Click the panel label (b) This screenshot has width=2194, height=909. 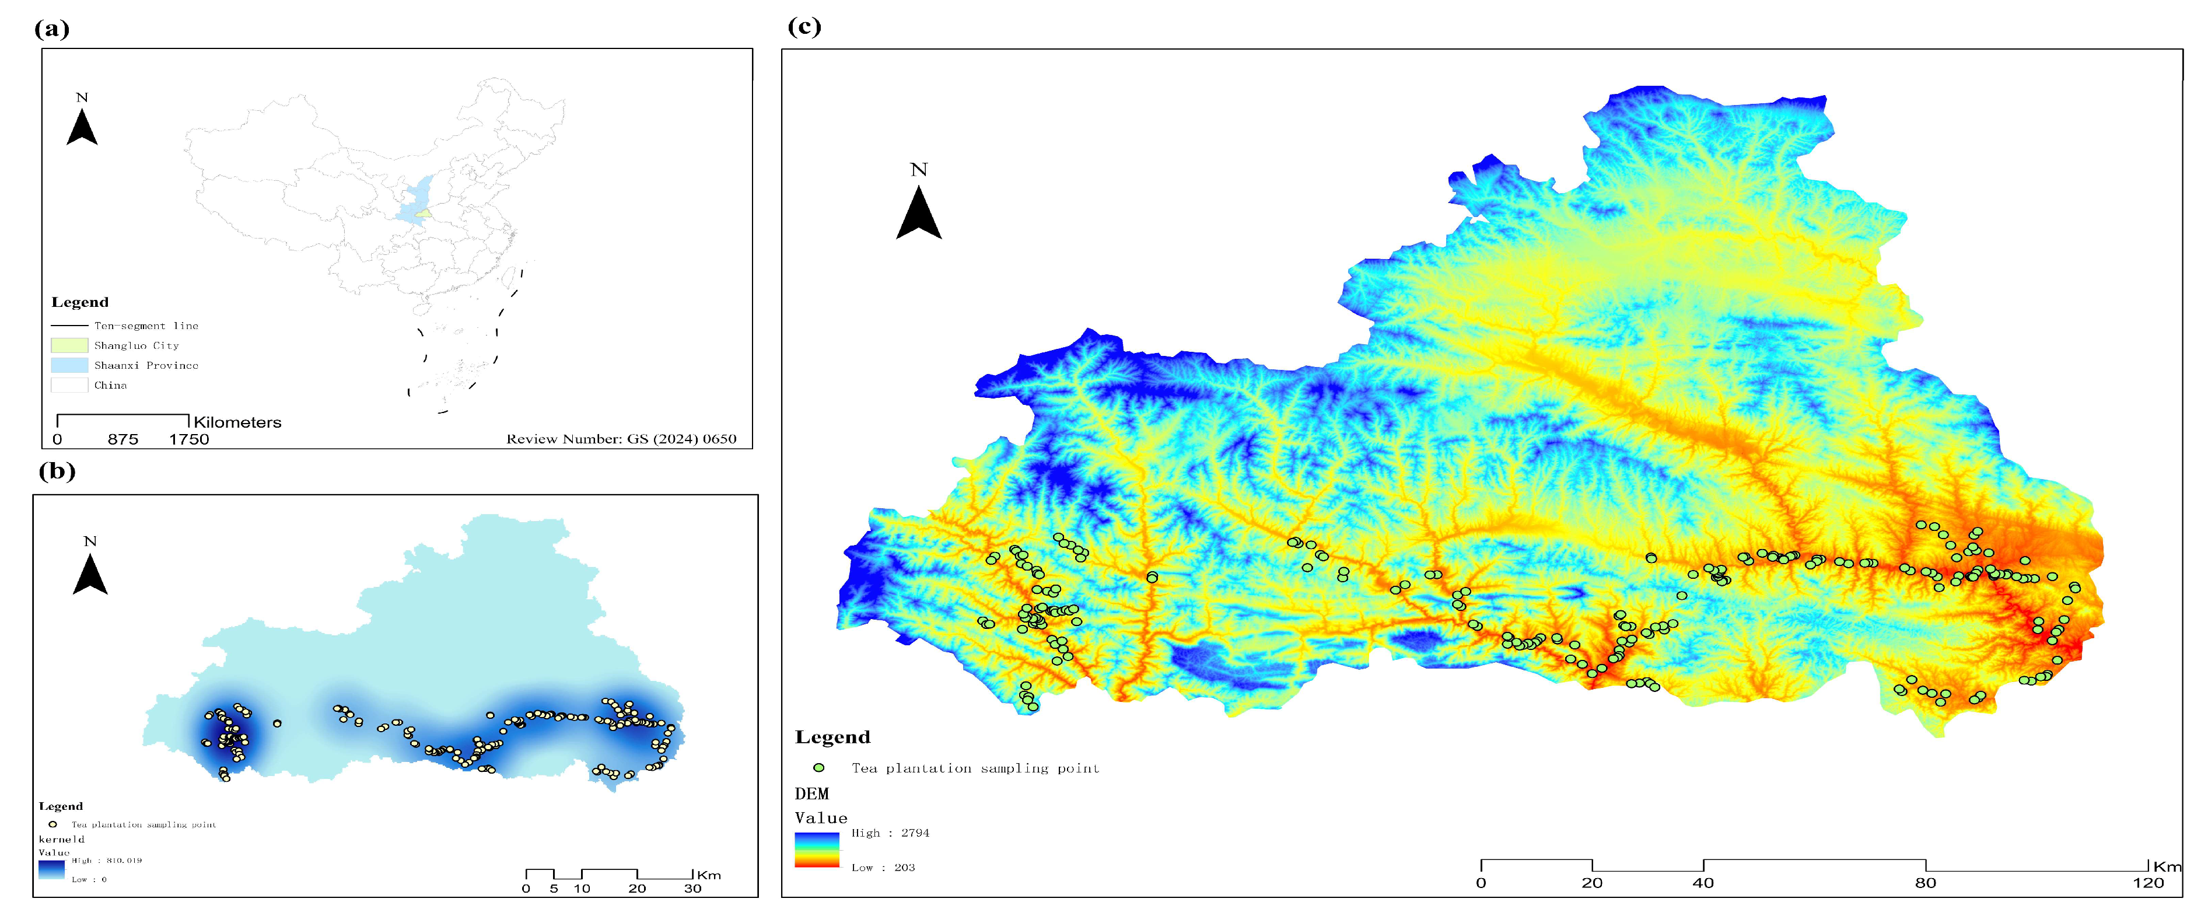click(x=57, y=470)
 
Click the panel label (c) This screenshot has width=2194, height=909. click(x=804, y=26)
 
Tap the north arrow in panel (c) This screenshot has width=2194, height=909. click(x=918, y=211)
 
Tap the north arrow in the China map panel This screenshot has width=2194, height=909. click(x=82, y=126)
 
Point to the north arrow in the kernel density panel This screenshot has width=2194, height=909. click(x=90, y=572)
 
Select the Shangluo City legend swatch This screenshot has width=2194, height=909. click(x=69, y=345)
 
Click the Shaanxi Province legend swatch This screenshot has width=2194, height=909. click(x=69, y=365)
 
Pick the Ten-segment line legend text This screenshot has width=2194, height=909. click(x=146, y=326)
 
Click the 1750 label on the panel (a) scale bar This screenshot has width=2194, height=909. click(x=188, y=439)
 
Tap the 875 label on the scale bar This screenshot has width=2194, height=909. click(x=123, y=439)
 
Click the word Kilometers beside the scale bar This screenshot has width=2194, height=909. click(x=237, y=422)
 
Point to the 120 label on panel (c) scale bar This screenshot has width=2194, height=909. click(x=2148, y=883)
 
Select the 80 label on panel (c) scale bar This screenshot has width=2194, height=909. click(x=1925, y=883)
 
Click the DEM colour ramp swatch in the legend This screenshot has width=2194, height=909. click(x=817, y=849)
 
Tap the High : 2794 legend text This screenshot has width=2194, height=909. click(x=890, y=833)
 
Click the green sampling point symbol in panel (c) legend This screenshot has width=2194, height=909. click(x=818, y=768)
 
